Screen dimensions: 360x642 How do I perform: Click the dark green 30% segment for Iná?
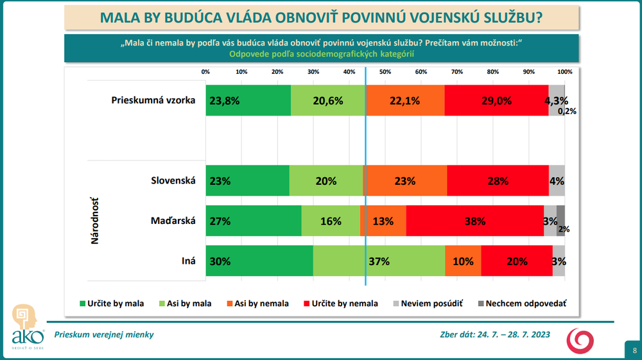point(259,261)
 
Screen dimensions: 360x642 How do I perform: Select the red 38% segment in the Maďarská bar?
point(474,221)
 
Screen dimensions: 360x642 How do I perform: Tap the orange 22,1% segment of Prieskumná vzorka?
point(404,100)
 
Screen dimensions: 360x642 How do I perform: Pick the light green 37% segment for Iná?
point(379,261)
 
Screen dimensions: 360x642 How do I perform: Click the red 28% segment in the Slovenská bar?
point(498,180)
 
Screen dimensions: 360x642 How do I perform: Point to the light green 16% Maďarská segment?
point(331,221)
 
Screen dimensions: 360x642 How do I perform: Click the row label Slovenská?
point(172,181)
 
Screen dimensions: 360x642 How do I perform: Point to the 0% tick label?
point(205,71)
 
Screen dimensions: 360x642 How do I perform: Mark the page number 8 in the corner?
point(634,350)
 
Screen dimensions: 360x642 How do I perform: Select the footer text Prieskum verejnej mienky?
point(104,334)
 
